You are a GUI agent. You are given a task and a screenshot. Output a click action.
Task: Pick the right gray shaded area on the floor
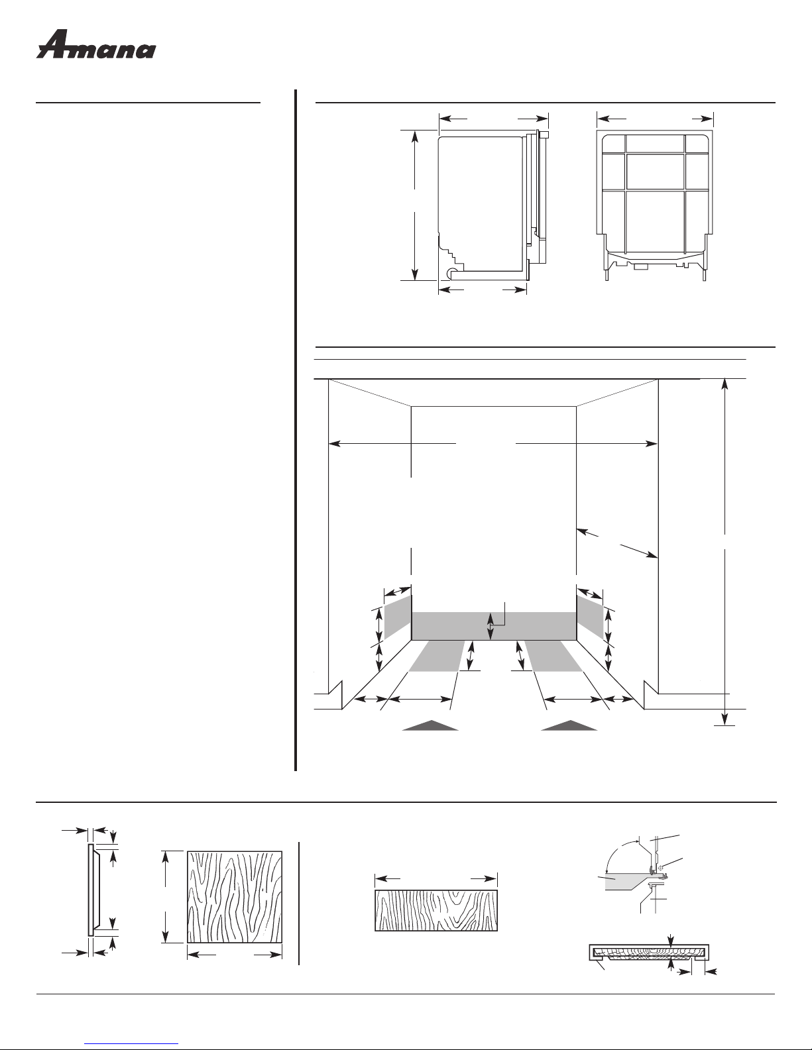(554, 656)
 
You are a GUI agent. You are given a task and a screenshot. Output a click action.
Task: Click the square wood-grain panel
(235, 896)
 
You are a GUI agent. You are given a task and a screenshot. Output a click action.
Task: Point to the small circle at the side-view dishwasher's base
(452, 272)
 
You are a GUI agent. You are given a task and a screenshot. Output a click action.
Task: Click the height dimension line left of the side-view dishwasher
(415, 205)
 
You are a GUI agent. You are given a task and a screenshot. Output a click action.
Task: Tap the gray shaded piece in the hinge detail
(620, 880)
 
